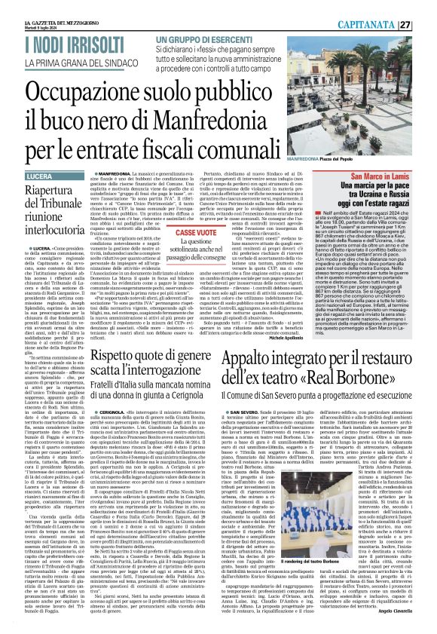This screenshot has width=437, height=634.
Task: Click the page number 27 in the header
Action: point(426,23)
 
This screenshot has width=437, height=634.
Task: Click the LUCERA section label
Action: point(23,175)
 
